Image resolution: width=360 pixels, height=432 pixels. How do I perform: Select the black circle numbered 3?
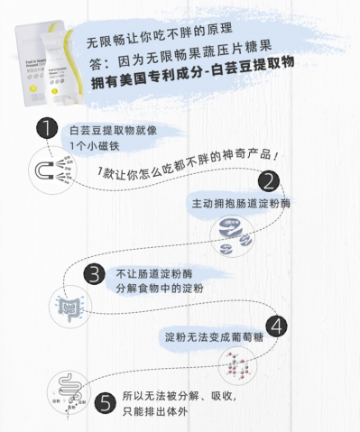coord(94,274)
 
